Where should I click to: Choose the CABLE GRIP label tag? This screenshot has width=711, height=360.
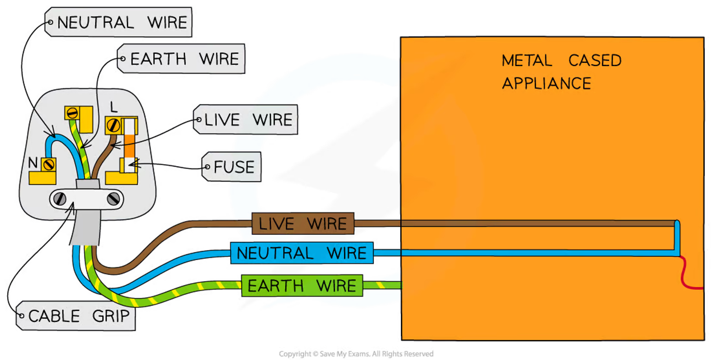(76, 316)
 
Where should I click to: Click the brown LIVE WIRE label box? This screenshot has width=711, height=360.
(303, 224)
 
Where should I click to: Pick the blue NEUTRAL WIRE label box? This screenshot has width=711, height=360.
(302, 253)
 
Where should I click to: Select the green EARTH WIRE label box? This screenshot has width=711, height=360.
(302, 286)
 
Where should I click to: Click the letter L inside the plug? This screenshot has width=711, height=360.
(113, 107)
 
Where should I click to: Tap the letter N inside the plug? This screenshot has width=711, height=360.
(33, 163)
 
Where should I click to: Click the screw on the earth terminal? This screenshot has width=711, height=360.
(72, 113)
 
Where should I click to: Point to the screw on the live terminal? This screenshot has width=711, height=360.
(113, 125)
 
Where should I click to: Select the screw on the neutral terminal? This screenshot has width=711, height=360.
(48, 165)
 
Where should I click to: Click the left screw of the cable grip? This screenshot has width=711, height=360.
(60, 199)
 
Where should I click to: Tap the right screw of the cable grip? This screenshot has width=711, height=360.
(113, 199)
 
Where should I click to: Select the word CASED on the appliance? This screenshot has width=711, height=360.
(595, 60)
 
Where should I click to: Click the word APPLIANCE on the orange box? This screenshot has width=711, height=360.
(546, 84)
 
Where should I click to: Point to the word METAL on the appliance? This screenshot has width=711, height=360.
(527, 60)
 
